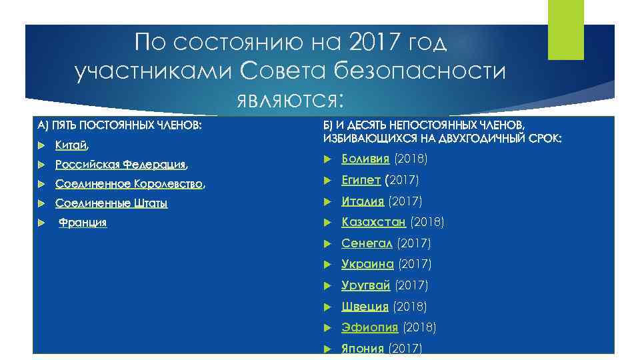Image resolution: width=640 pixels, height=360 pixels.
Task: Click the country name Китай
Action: (x=71, y=145)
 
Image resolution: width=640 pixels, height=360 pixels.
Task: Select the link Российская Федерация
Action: (x=120, y=165)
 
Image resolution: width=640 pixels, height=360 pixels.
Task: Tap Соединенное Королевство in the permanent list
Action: (x=128, y=184)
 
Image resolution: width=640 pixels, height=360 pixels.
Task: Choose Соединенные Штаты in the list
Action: (x=111, y=203)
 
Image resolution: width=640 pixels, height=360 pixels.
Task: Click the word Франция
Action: (x=83, y=223)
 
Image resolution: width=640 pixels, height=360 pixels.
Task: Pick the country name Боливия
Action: (x=365, y=159)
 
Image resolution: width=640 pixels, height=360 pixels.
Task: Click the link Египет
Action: (x=361, y=180)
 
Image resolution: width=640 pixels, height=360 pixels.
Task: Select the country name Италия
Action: (x=363, y=201)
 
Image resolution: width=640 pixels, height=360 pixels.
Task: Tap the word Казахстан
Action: (x=373, y=222)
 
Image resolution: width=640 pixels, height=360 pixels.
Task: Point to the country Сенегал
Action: (x=367, y=243)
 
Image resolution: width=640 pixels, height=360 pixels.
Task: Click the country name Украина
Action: (x=367, y=265)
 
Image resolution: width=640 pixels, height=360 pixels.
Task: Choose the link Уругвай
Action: (x=366, y=285)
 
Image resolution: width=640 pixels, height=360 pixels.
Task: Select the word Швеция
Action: (x=365, y=307)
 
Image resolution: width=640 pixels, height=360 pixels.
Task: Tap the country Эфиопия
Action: (x=369, y=327)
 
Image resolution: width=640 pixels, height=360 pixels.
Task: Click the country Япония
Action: (x=363, y=348)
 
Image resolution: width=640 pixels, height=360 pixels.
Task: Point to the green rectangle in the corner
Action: (x=565, y=29)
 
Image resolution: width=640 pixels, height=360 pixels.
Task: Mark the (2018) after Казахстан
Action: (x=427, y=222)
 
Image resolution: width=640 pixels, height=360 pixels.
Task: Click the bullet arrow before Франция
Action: (x=41, y=223)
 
